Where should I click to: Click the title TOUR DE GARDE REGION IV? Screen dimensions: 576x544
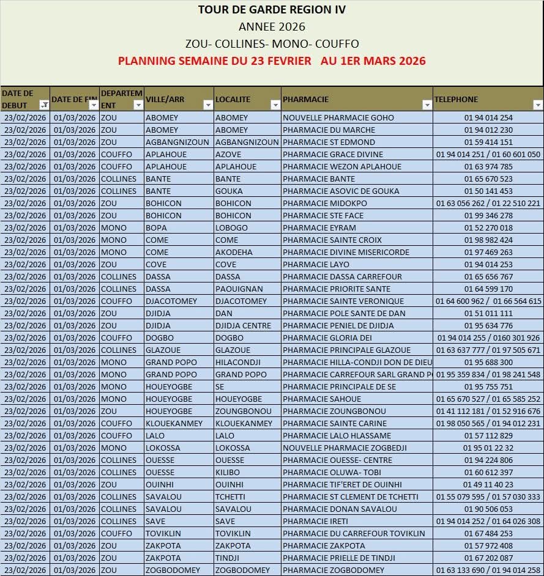pyautogui.click(x=272, y=10)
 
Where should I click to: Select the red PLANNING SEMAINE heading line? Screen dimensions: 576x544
pyautogui.click(x=272, y=61)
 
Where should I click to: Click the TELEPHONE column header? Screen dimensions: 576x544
pyautogui.click(x=456, y=99)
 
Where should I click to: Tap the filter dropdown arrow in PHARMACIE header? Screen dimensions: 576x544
pyautogui.click(x=427, y=105)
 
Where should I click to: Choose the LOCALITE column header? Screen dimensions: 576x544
pyautogui.click(x=233, y=99)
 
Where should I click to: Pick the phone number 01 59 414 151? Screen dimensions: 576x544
pyautogui.click(x=488, y=142)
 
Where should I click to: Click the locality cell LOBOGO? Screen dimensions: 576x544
pyautogui.click(x=231, y=227)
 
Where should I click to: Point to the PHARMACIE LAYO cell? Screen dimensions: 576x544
pyautogui.click(x=316, y=264)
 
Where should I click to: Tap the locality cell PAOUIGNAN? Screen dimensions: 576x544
pyautogui.click(x=239, y=289)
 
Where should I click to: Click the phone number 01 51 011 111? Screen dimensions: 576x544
pyautogui.click(x=488, y=313)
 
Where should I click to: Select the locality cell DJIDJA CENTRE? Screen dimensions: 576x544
pyautogui.click(x=243, y=325)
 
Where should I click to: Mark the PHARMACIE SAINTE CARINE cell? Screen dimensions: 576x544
pyautogui.click(x=335, y=423)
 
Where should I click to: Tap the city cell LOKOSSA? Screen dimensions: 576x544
pyautogui.click(x=163, y=448)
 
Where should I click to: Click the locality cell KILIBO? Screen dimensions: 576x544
pyautogui.click(x=227, y=472)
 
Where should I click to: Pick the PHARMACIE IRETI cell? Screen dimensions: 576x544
pyautogui.click(x=315, y=521)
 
